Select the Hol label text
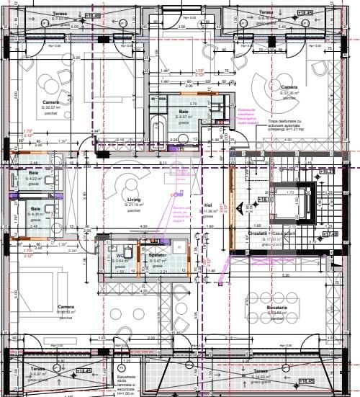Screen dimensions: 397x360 click(x=209, y=205)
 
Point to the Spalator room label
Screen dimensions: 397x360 click(x=158, y=256)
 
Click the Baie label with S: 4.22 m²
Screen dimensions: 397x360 click(x=34, y=174)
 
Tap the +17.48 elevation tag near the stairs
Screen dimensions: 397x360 click(x=330, y=234)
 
